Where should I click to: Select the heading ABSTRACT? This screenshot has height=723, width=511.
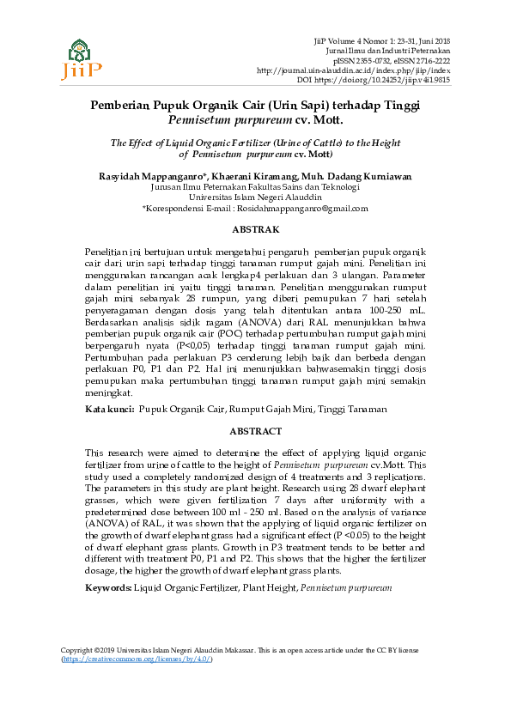click(256, 431)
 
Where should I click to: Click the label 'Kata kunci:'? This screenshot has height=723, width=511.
click(109, 410)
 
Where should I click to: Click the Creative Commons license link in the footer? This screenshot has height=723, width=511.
click(137, 684)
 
